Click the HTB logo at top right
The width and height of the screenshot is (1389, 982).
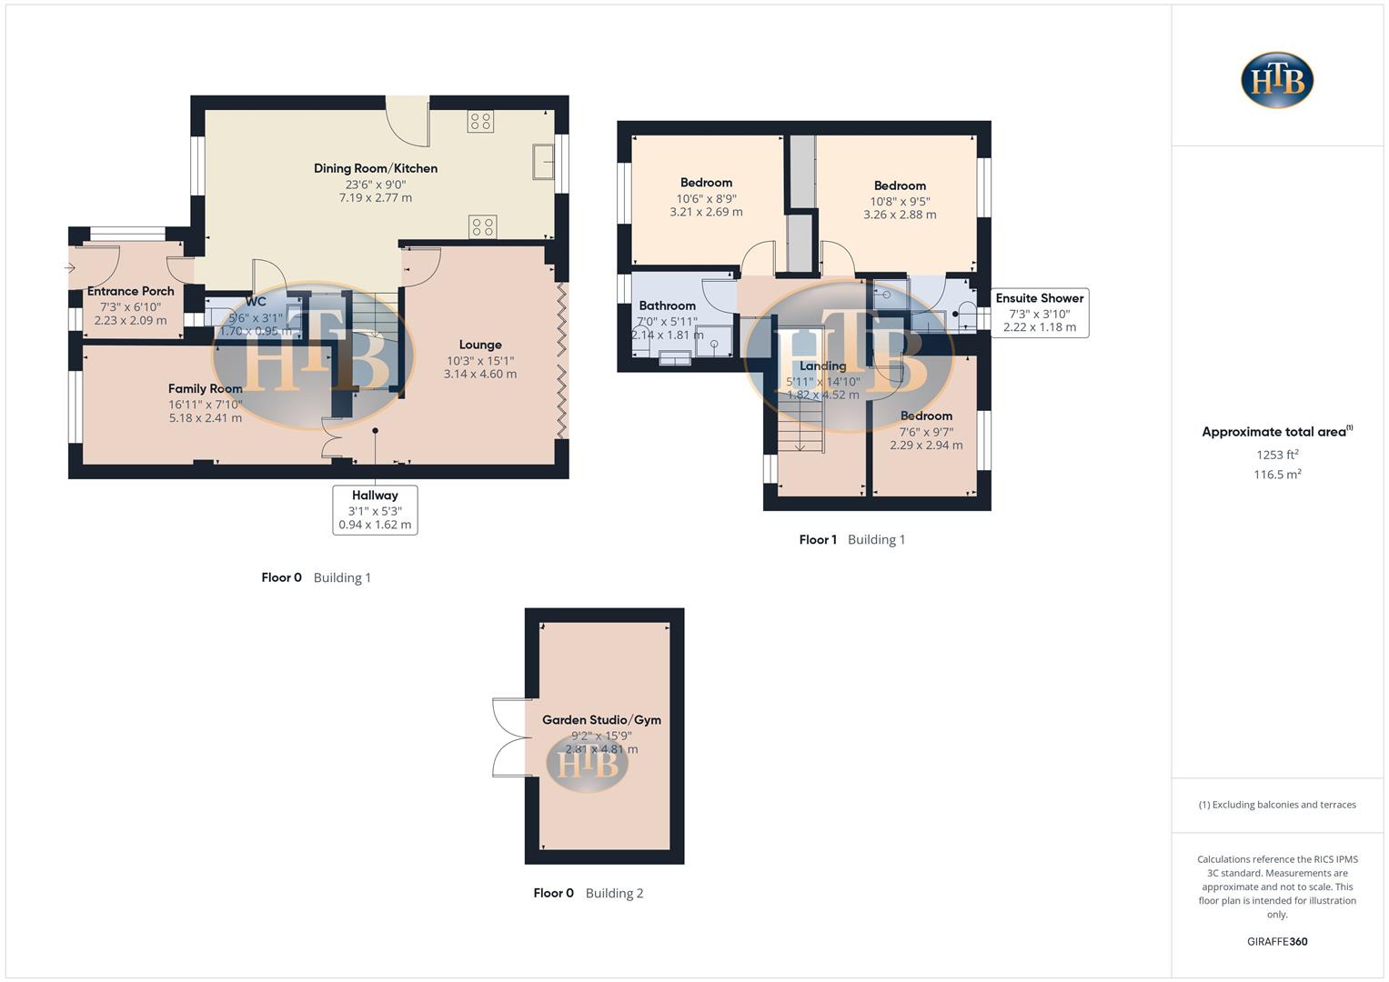coord(1277,80)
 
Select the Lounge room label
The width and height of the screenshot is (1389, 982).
coord(480,345)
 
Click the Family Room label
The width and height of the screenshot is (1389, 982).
coord(205,388)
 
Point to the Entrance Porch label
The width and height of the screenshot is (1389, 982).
coord(131,291)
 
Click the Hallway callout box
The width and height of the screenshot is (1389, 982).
coord(375,509)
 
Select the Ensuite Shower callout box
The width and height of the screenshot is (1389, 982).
coord(1039,312)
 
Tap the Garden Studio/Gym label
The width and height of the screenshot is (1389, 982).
coord(601,719)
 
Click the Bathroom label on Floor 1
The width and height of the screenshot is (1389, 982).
coord(667,306)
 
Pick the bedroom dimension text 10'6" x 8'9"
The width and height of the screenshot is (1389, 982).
coord(706,198)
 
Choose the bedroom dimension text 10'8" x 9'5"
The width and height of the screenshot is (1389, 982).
coord(900,201)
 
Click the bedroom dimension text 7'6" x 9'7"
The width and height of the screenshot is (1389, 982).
coord(926,432)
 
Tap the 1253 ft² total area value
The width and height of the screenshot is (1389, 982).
coord(1277,455)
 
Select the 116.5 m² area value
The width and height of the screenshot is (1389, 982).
coord(1277,475)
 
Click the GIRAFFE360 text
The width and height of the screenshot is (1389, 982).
coord(1277,941)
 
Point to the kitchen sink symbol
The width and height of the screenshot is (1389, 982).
coord(544,162)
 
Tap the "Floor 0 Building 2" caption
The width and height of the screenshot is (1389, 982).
coord(588,893)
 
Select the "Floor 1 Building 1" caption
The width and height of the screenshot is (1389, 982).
coord(851,539)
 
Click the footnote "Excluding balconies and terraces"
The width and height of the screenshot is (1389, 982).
coord(1277,805)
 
